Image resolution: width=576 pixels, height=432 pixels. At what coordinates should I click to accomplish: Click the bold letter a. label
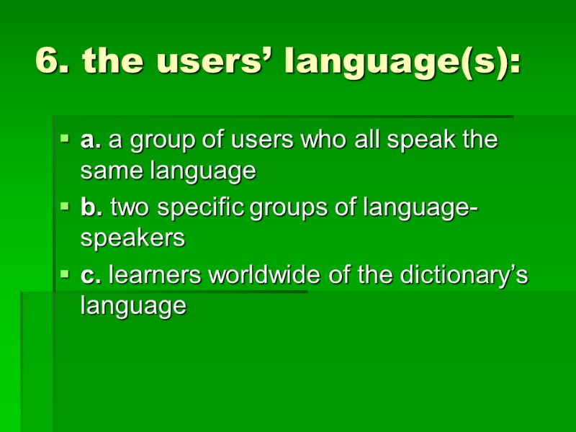click(91, 140)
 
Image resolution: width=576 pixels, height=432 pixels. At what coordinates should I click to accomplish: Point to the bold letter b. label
click(91, 208)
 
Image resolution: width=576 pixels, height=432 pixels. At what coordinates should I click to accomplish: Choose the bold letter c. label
click(91, 276)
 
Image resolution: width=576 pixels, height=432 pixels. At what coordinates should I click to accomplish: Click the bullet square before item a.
click(65, 138)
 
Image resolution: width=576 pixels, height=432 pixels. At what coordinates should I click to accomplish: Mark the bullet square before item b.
click(65, 206)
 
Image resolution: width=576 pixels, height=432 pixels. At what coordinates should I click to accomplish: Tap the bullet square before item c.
click(65, 274)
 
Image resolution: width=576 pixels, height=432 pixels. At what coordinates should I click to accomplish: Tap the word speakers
click(133, 239)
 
